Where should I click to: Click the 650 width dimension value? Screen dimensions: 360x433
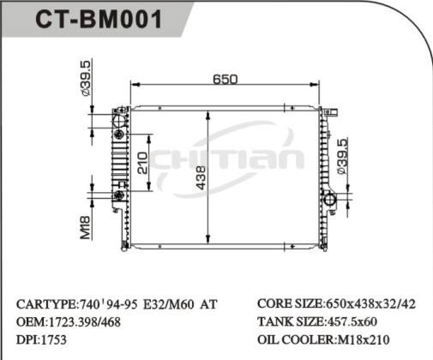[x=225, y=80]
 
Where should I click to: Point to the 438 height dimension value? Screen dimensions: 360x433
[x=201, y=177]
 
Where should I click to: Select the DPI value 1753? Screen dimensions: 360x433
[x=56, y=339]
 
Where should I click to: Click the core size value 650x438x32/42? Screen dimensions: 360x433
[x=370, y=304]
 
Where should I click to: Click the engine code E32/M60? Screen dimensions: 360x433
[x=163, y=304]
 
